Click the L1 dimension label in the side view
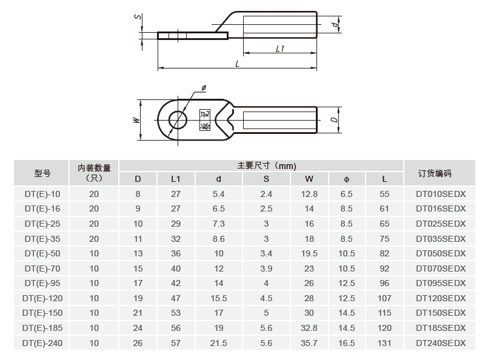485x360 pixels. point(280,48)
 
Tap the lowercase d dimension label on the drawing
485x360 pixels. point(335,25)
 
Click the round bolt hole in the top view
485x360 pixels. point(178,119)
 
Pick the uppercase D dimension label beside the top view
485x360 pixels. point(335,119)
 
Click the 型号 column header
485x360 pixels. point(42,173)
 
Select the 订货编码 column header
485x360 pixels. point(435,173)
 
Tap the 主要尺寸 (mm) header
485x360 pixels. point(267,165)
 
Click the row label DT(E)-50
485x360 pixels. point(42,253)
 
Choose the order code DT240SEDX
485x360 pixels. point(441,343)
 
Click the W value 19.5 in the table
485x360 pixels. point(309,253)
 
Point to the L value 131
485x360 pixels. point(385,343)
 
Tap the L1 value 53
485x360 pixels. point(176,313)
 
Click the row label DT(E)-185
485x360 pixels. point(42,328)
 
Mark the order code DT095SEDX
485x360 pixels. point(441,283)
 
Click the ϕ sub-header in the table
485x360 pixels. point(347,179)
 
